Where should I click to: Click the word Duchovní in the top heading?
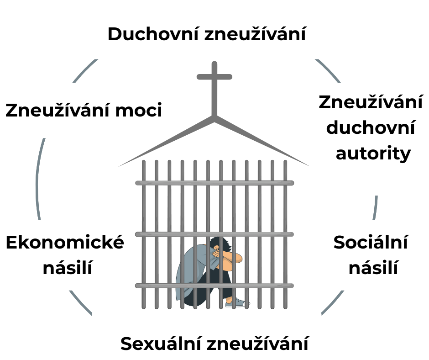point(152,35)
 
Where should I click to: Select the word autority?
point(373,154)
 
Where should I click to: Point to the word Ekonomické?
point(65,242)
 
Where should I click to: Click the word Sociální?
point(370,242)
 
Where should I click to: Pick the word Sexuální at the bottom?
point(161,344)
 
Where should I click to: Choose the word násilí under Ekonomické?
point(68,268)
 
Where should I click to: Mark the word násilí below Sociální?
point(373,268)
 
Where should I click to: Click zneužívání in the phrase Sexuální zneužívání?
point(257,344)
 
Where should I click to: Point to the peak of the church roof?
point(214,117)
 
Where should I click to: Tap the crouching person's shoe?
point(238,302)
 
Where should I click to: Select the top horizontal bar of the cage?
point(214,183)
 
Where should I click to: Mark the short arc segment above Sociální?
point(376,208)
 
